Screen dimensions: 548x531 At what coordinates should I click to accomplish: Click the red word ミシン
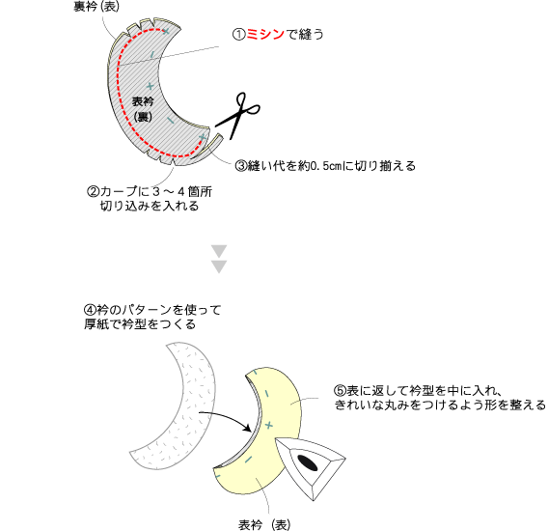265,34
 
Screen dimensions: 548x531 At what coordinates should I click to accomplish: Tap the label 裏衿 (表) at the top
96,6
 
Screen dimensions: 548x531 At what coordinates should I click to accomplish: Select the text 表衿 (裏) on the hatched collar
143,109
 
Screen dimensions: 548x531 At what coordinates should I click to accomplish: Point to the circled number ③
241,165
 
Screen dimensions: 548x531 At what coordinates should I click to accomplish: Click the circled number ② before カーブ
93,192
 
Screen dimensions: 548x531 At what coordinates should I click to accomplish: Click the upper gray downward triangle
219,251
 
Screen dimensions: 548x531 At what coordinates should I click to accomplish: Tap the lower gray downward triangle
219,266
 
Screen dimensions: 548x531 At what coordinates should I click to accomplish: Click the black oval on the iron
307,462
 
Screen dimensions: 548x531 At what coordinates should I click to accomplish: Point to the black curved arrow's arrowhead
248,428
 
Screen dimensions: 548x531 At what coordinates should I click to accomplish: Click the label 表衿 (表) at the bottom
264,524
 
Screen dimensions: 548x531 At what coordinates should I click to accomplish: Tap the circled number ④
90,310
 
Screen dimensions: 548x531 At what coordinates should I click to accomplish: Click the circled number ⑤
340,390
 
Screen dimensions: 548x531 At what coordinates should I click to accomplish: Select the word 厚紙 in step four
96,324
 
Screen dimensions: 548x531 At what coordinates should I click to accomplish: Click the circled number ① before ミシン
239,35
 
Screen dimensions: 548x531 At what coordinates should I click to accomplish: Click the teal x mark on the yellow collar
268,426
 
